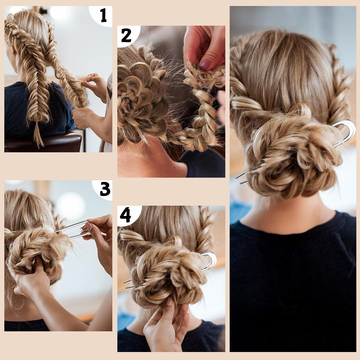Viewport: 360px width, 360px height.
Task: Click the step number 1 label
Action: click(104, 15)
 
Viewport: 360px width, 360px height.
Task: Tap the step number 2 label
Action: click(126, 36)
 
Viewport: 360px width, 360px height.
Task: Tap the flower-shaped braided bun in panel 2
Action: click(142, 101)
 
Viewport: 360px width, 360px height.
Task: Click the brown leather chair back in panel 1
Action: click(44, 142)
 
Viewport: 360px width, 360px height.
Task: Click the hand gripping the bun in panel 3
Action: click(32, 278)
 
